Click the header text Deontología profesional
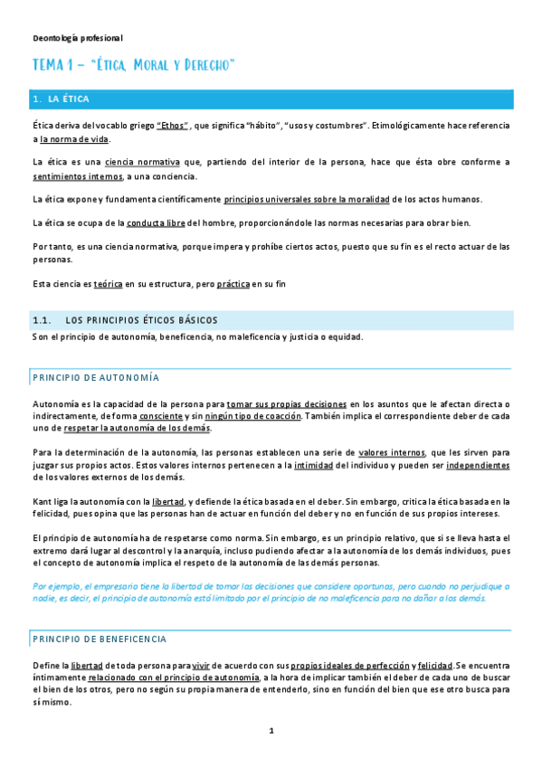pyautogui.click(x=77, y=38)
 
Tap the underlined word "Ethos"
pyautogui.click(x=173, y=125)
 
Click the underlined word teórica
pyautogui.click(x=109, y=283)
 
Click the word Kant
pyautogui.click(x=42, y=500)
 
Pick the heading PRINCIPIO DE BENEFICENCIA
pyautogui.click(x=100, y=639)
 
